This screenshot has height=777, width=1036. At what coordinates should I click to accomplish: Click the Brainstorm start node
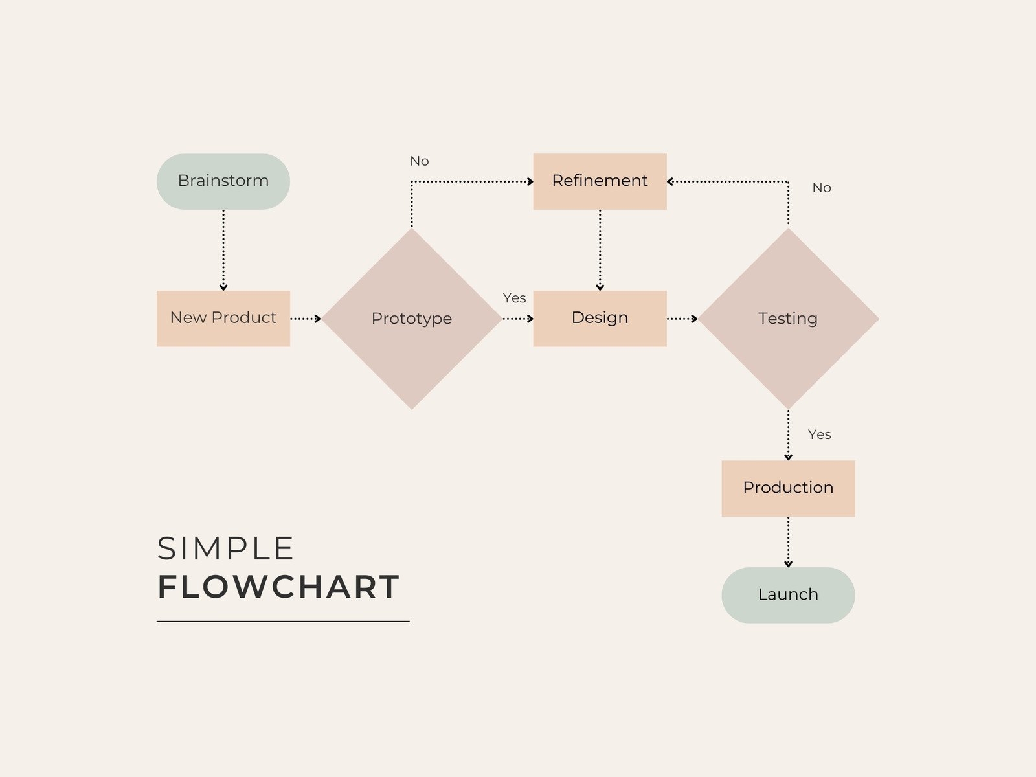click(223, 181)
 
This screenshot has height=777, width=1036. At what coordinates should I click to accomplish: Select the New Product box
click(223, 319)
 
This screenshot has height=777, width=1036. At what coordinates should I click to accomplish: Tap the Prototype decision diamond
click(412, 319)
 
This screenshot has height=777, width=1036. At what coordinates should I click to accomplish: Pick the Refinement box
click(600, 181)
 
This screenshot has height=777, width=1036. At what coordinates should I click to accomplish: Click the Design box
click(600, 319)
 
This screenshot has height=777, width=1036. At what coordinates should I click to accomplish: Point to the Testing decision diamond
click(788, 319)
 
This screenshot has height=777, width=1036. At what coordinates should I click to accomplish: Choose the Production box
click(788, 488)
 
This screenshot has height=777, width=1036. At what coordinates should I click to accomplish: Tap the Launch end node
click(788, 595)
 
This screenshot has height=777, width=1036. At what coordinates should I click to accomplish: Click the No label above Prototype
click(420, 161)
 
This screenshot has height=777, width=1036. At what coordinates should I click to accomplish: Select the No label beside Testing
click(822, 188)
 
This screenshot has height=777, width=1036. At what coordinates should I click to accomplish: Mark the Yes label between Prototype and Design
click(515, 298)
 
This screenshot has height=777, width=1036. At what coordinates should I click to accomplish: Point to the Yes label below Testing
click(820, 434)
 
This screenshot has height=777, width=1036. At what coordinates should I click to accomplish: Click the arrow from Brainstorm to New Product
click(223, 250)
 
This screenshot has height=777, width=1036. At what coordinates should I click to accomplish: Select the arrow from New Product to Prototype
click(306, 319)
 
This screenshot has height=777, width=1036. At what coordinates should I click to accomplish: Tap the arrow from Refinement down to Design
click(600, 250)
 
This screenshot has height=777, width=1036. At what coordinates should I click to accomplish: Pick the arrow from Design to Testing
click(682, 319)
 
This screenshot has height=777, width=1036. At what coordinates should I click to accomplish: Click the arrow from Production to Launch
click(788, 542)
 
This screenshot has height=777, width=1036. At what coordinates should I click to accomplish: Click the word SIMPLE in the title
click(226, 549)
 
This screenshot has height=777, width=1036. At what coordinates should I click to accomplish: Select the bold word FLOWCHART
click(278, 587)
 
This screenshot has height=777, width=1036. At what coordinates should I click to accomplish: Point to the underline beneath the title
click(283, 622)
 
